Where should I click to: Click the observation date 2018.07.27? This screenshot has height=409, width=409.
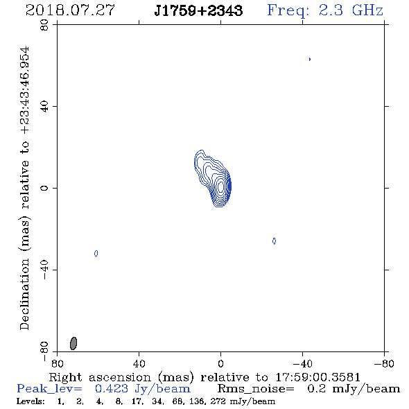pos(70,10)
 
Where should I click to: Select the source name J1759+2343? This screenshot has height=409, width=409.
pos(198,10)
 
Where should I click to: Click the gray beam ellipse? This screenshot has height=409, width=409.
pos(73,343)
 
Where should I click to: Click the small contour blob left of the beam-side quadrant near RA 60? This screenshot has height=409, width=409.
pos(96,254)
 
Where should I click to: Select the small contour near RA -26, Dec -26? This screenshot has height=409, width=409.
pos(274,241)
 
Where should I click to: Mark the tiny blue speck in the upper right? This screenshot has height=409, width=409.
pos(310,59)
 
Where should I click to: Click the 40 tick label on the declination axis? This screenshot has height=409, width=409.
pos(44,106)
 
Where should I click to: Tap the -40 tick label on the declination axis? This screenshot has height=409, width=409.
pos(44,270)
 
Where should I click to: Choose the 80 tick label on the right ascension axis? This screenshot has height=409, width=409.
pos(57,364)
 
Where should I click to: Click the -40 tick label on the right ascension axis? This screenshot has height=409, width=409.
pos(302,364)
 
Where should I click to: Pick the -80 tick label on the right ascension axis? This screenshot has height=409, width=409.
pos(384,364)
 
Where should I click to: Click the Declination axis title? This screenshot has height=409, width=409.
pos(24,189)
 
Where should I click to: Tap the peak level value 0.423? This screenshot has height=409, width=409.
pos(112,389)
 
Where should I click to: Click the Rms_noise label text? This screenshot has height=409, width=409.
pos(256,389)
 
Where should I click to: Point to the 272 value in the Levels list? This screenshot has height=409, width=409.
pos(218,401)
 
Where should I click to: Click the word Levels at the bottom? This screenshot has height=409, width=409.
pos(31,401)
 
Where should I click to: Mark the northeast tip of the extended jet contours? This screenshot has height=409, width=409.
pos(201,150)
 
